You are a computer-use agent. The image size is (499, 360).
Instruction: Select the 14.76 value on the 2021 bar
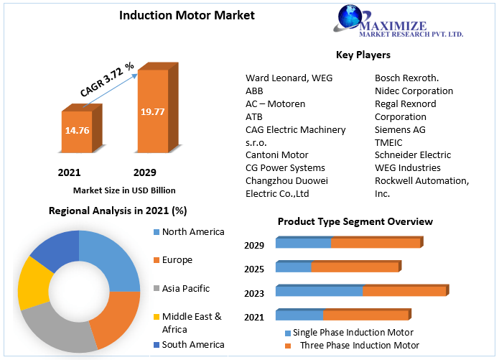pos(77,131)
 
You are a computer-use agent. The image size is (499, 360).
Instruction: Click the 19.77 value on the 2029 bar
pos(152,111)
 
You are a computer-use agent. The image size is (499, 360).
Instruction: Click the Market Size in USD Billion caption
pos(124,190)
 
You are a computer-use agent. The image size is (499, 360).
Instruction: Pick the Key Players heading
pos(363,55)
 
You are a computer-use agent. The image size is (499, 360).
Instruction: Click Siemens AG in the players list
pos(401,129)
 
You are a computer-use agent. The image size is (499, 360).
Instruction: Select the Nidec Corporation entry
pos(414,91)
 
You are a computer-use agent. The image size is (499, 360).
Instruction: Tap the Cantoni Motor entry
pos(277,154)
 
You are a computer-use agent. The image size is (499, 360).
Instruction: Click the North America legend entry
pos(192,231)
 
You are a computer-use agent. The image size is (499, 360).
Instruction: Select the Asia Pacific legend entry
pos(185,288)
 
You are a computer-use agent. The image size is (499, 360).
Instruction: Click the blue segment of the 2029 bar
pos(303,244)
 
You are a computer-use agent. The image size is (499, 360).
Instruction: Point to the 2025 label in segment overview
pos(254,269)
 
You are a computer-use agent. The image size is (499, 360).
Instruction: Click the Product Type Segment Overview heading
pos(355,221)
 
